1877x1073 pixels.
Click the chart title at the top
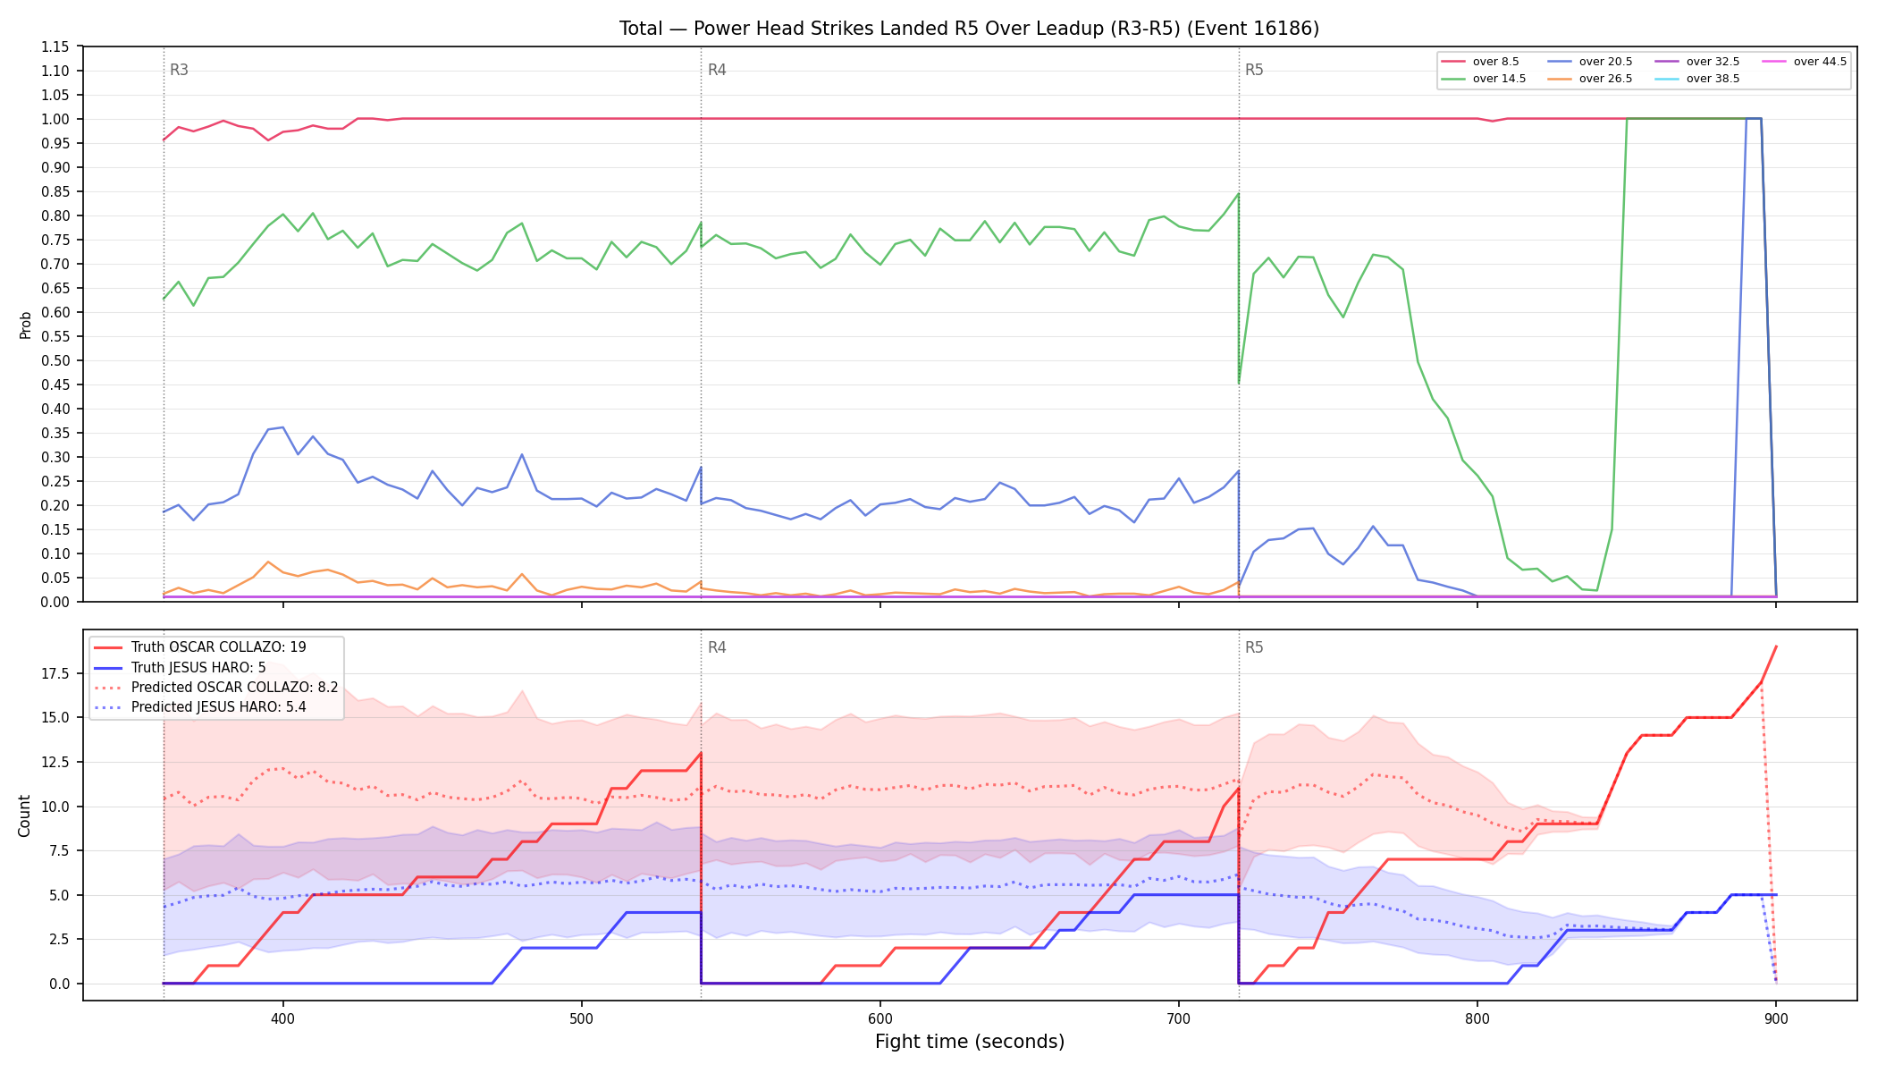tap(969, 29)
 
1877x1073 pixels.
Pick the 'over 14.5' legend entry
tap(1484, 79)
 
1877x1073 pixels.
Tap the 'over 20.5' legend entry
tap(1590, 62)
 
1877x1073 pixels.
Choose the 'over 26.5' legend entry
tap(1590, 79)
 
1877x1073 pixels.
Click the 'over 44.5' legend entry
tap(1805, 62)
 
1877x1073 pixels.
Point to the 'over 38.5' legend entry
tap(1697, 79)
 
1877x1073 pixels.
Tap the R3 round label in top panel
tap(179, 70)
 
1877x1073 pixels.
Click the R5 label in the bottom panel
tap(1254, 647)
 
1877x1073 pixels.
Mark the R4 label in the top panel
tap(717, 70)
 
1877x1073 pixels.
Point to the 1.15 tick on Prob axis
tap(55, 46)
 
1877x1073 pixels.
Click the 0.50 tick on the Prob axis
tap(55, 360)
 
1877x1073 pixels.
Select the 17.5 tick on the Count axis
tap(55, 673)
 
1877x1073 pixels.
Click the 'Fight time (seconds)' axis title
tap(970, 1042)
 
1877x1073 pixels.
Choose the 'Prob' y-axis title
tap(26, 325)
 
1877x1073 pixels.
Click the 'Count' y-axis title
tap(24, 815)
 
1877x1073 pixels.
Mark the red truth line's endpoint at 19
tap(1776, 646)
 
